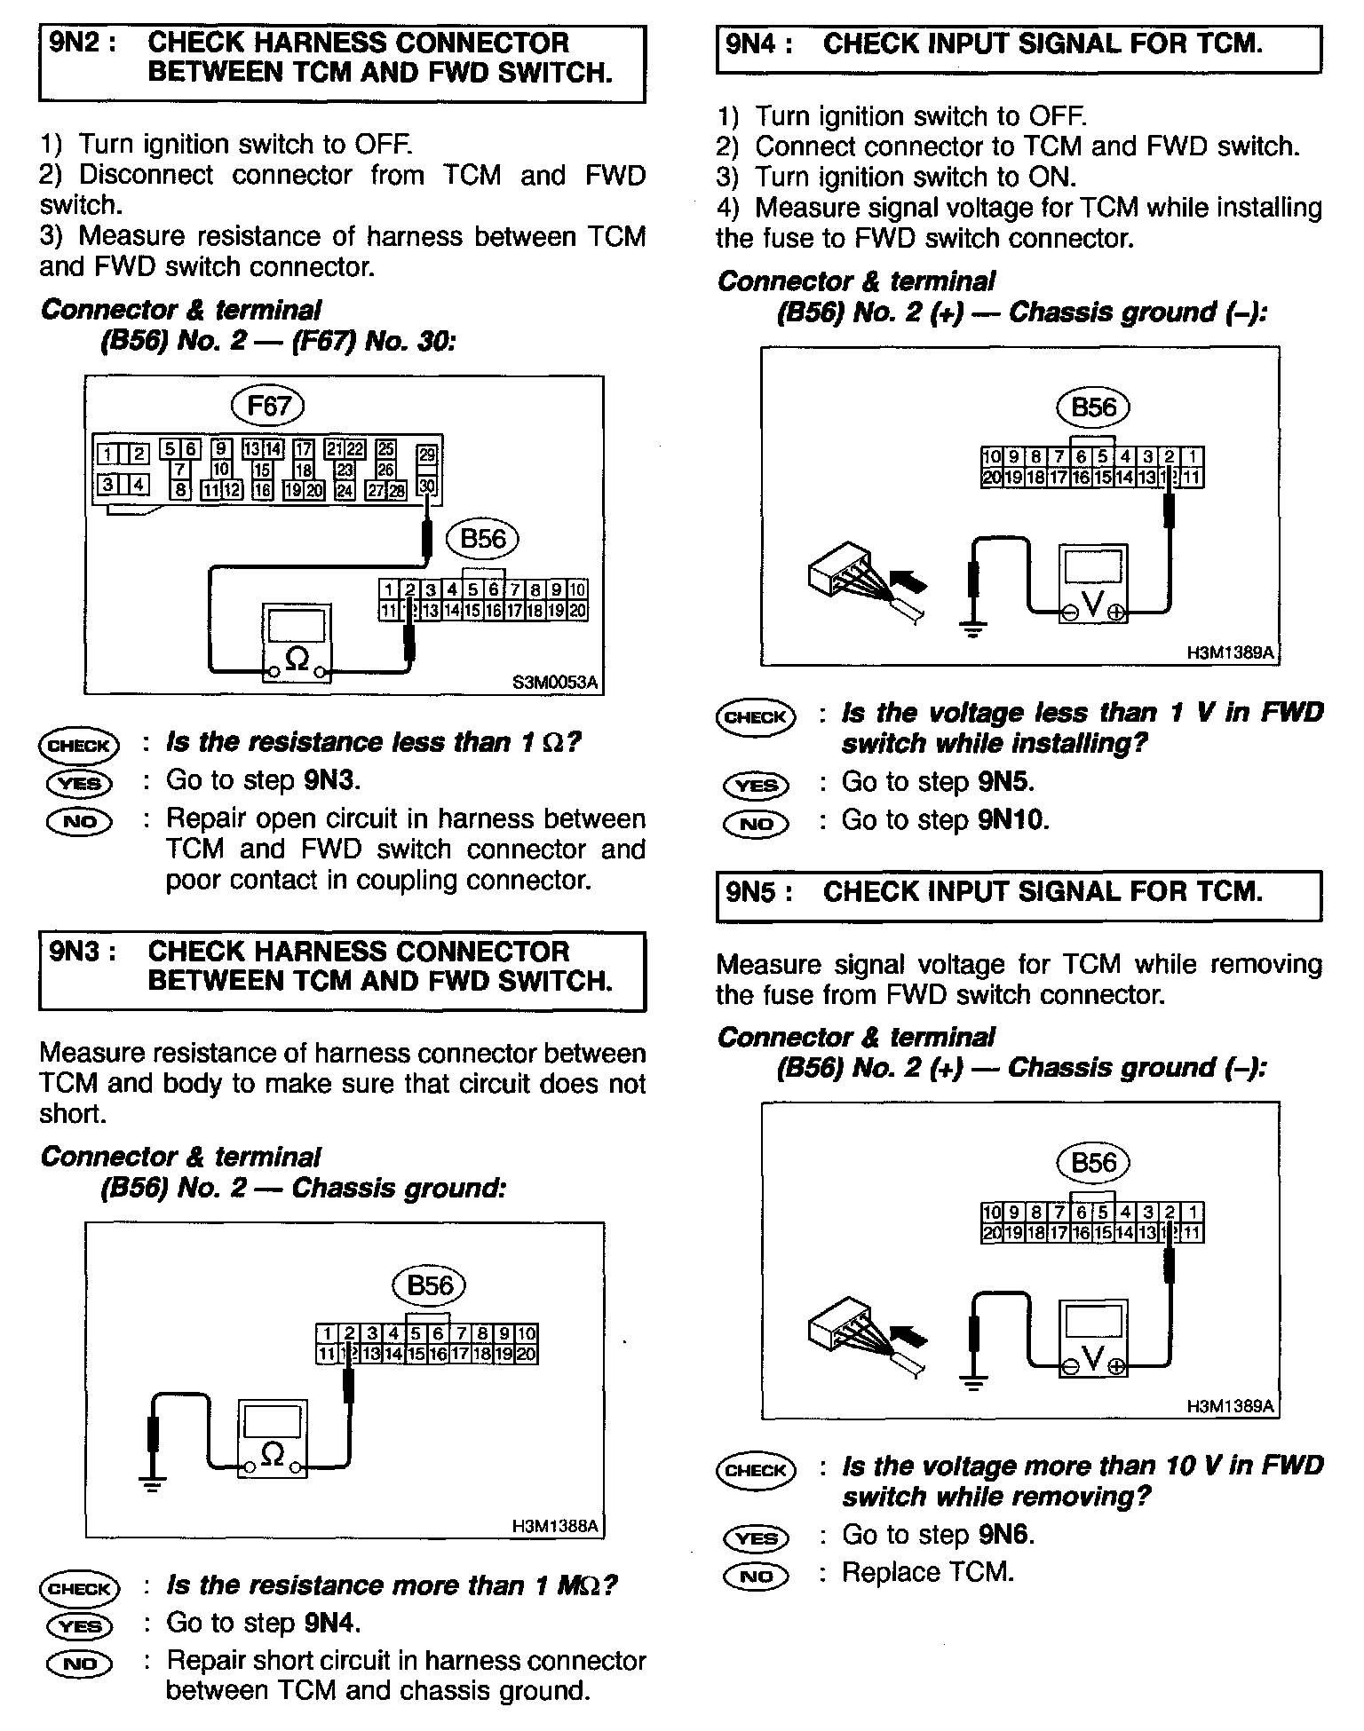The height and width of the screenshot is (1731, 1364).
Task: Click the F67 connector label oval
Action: (x=267, y=407)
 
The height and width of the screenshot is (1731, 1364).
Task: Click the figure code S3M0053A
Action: (x=555, y=683)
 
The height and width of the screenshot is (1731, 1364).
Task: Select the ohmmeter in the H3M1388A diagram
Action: (x=273, y=1439)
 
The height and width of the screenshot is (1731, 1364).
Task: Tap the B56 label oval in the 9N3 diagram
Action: (x=429, y=1285)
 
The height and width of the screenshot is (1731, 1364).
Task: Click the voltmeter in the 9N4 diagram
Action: (x=1093, y=584)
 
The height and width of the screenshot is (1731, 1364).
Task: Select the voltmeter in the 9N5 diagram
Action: (x=1093, y=1339)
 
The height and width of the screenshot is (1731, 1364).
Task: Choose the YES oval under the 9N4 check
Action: (x=756, y=785)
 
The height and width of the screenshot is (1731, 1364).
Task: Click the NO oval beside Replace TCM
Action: (x=756, y=1576)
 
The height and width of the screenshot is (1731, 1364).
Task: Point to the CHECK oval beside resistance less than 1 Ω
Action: (x=78, y=746)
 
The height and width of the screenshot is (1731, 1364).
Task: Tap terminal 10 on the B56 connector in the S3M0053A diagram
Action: (x=577, y=589)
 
